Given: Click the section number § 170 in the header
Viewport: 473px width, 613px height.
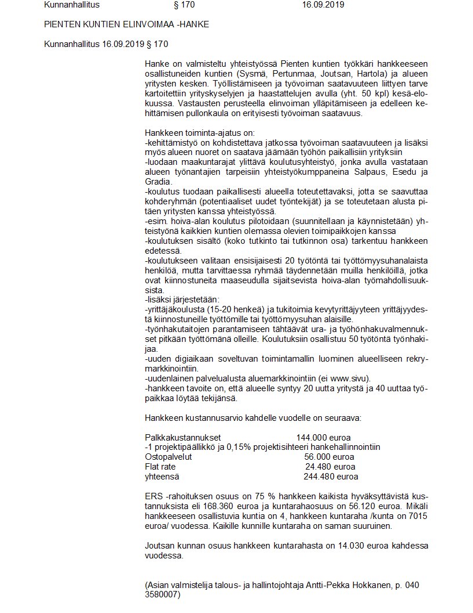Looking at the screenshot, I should point(184,5).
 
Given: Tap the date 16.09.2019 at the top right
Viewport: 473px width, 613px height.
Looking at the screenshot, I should point(323,5).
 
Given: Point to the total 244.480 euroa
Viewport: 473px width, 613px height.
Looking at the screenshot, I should point(330,477).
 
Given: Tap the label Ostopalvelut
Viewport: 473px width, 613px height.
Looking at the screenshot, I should point(168,457).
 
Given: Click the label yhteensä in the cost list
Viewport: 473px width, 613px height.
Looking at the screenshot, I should point(162,477).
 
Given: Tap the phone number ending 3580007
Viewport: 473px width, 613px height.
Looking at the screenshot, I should point(162,596).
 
